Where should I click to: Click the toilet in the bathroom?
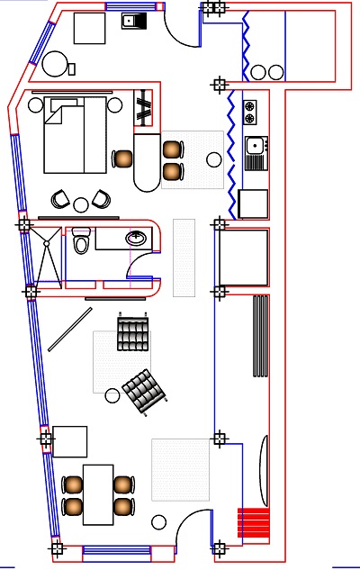[x=81, y=241]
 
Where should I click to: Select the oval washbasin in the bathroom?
[x=137, y=238]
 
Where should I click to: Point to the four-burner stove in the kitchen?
[x=249, y=113]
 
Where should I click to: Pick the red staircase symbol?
[x=253, y=523]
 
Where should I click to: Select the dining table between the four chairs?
[x=98, y=493]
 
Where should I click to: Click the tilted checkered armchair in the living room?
[x=144, y=391]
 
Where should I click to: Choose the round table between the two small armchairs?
[x=81, y=204]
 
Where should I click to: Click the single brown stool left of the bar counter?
[x=122, y=159]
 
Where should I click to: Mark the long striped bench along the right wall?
[x=261, y=336]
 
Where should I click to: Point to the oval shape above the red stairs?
[x=264, y=470]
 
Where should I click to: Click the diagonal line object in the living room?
[x=69, y=329]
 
